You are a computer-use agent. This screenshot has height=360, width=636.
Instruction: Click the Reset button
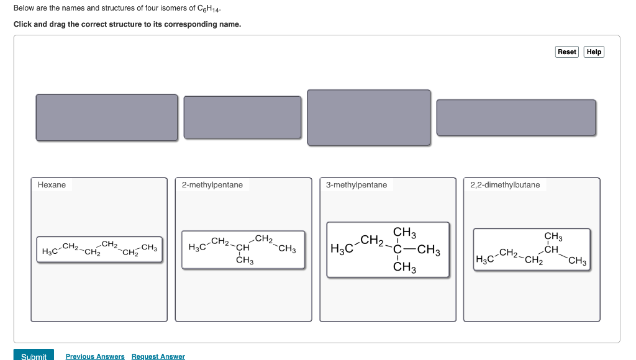[566, 52]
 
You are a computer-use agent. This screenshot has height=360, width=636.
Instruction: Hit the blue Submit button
[34, 356]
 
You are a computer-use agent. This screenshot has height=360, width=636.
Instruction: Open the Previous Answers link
[95, 356]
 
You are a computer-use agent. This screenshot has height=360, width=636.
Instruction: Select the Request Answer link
[158, 356]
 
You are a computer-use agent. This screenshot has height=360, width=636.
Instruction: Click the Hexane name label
[52, 185]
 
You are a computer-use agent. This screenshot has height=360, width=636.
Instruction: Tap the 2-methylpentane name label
[212, 185]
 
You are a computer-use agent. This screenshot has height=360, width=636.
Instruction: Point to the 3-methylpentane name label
[357, 185]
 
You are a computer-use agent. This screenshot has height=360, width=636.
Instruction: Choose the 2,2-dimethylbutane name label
[505, 185]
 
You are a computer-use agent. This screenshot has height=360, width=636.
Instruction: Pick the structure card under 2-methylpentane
[243, 250]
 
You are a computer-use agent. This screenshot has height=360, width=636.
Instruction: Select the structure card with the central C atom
[388, 250]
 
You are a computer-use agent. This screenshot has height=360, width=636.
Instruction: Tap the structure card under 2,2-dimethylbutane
[531, 250]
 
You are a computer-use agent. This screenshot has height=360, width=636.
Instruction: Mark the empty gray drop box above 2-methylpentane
[242, 117]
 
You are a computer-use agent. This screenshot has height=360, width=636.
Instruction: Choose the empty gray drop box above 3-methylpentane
[368, 117]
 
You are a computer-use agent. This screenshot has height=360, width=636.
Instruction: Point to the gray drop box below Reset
[516, 117]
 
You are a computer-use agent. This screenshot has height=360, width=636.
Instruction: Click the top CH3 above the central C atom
[404, 233]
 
